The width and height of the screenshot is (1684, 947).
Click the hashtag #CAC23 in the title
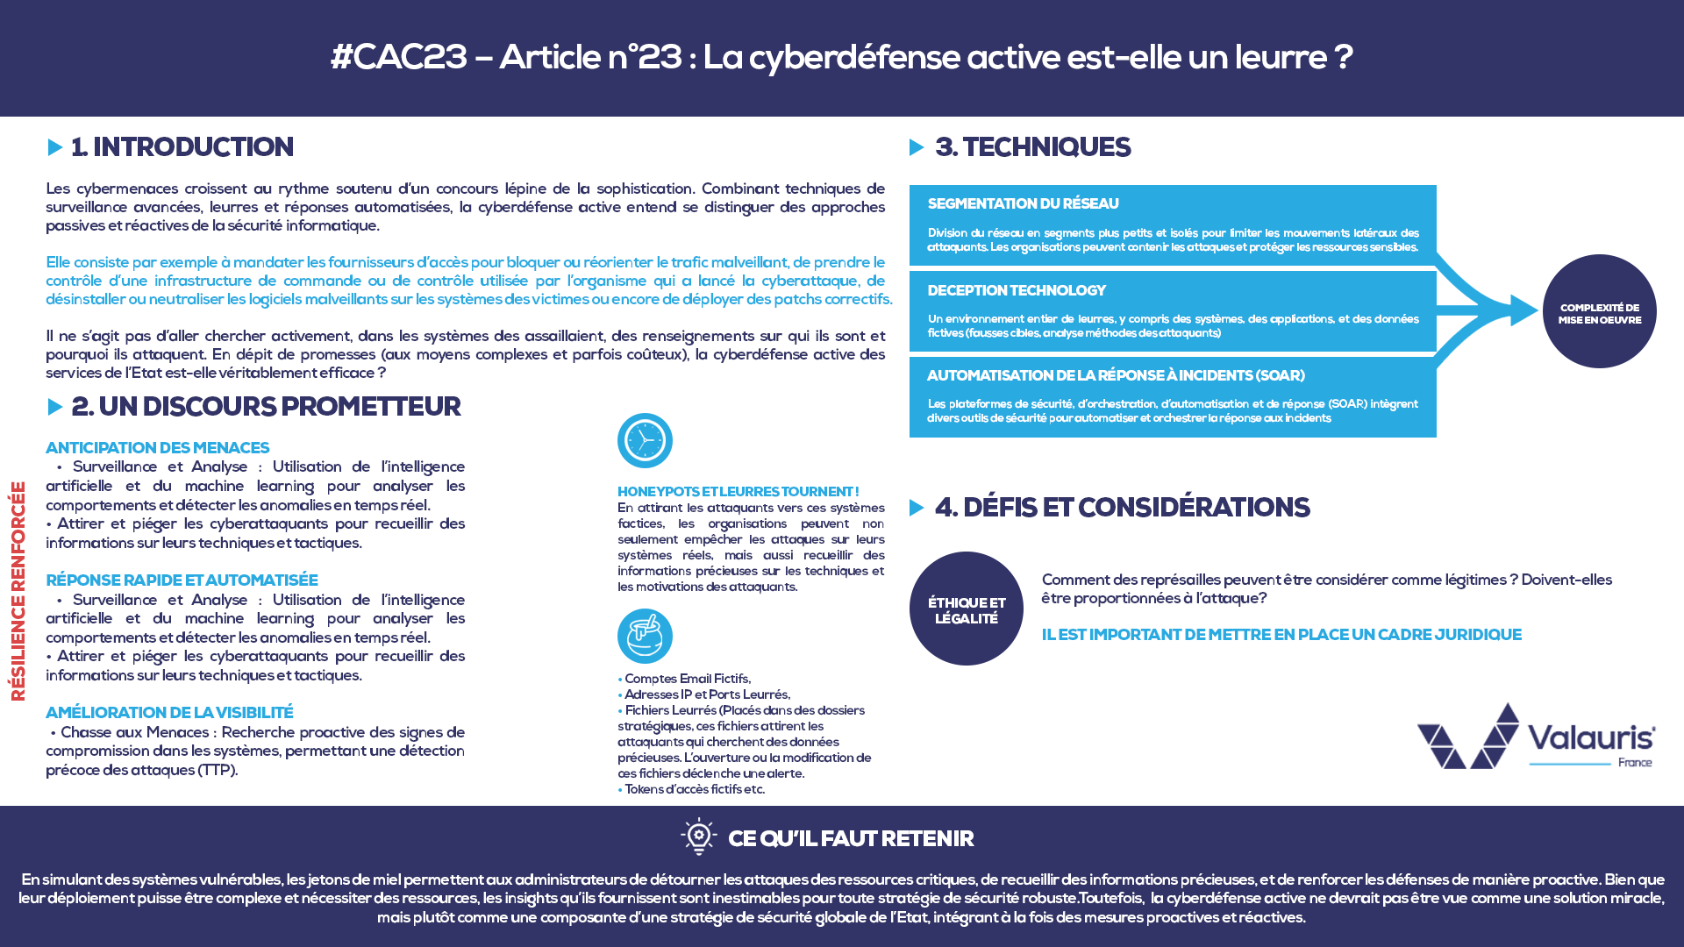(x=399, y=57)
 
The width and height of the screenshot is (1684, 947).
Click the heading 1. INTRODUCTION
(x=182, y=147)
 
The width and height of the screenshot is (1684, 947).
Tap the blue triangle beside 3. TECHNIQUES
(x=917, y=147)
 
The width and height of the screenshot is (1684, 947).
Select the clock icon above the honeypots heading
(x=645, y=440)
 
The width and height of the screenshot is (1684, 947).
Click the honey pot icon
(x=645, y=636)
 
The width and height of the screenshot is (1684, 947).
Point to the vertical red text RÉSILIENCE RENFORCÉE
(x=18, y=591)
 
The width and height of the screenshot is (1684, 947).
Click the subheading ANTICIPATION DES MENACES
(x=157, y=448)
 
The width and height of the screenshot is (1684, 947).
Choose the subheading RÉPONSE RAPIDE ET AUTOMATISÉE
(x=182, y=580)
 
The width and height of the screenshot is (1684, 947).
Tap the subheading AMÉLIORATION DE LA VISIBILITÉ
(x=169, y=713)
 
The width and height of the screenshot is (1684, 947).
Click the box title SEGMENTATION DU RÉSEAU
(x=1023, y=204)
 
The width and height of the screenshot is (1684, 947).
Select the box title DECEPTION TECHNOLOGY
(x=1016, y=290)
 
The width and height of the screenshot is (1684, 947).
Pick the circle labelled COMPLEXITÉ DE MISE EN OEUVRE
(x=1599, y=311)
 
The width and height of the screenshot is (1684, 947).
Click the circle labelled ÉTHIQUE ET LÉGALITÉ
(x=966, y=609)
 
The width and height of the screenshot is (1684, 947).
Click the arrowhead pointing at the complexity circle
(x=1523, y=310)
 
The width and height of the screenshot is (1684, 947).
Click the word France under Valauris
(x=1635, y=763)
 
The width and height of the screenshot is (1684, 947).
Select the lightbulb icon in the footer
(x=699, y=837)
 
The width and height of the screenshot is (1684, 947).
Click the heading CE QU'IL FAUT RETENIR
(x=850, y=839)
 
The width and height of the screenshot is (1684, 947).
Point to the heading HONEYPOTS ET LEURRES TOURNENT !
(x=738, y=492)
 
